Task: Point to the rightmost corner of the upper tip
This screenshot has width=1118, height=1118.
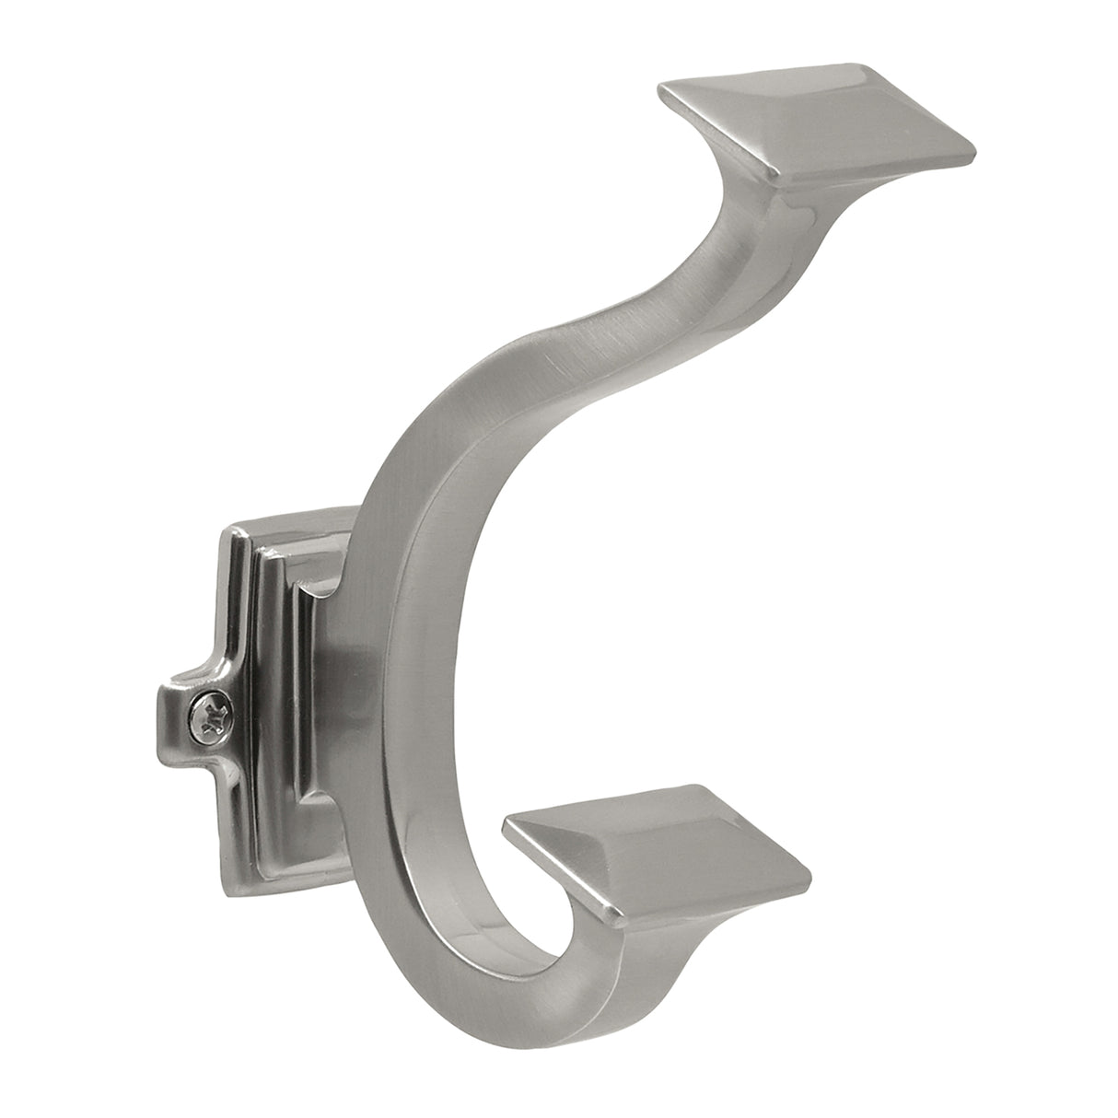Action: pyautogui.click(x=974, y=147)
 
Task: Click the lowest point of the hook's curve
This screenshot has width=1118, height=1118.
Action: pyautogui.click(x=516, y=1031)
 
